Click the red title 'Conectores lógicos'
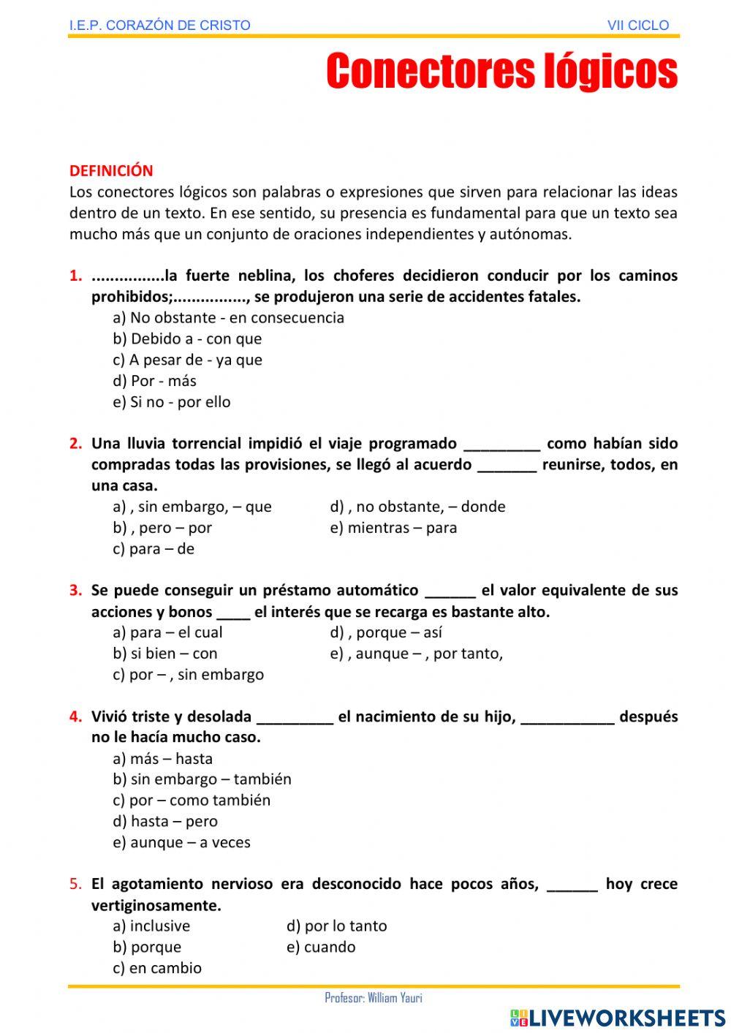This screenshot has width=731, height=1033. (x=501, y=72)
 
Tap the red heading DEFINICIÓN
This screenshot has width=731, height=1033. (x=111, y=171)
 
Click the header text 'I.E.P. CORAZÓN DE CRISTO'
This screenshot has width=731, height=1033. (x=159, y=26)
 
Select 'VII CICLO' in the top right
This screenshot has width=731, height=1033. (x=637, y=26)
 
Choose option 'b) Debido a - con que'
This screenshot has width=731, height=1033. (x=187, y=339)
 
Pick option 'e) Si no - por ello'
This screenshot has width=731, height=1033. (x=172, y=402)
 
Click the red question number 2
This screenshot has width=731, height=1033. (x=75, y=444)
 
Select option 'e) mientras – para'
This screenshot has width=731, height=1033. (x=393, y=528)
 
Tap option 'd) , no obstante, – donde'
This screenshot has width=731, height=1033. (x=417, y=507)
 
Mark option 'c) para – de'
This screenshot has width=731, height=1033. (x=154, y=549)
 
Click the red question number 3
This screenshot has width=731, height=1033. (x=75, y=591)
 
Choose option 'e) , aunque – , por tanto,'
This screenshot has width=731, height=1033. (x=416, y=654)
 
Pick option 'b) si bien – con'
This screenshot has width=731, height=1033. (x=165, y=654)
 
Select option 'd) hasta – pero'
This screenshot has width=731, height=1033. (x=165, y=822)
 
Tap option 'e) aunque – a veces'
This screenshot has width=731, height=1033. (x=181, y=843)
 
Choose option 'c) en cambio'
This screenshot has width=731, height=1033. (x=157, y=969)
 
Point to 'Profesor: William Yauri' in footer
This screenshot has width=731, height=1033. (x=374, y=999)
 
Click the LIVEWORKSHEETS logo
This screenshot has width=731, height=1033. (x=617, y=1018)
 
